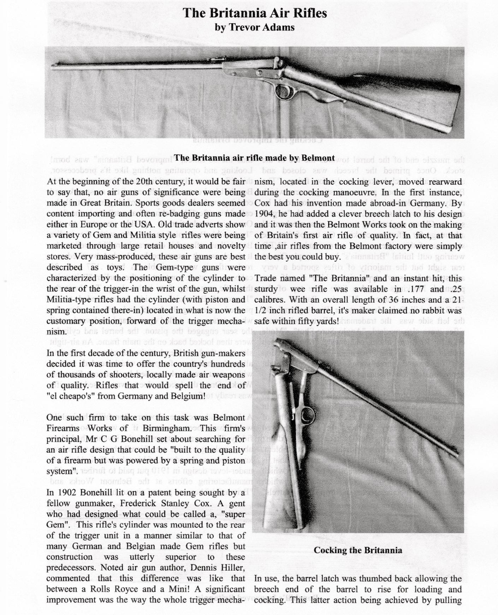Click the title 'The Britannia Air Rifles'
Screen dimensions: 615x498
click(x=255, y=13)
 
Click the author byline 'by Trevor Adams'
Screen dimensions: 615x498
click(x=255, y=27)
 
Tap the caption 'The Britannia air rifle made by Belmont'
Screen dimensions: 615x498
click(x=254, y=158)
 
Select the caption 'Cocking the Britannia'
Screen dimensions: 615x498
click(x=358, y=550)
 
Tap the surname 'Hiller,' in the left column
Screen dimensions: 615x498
click(x=231, y=568)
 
